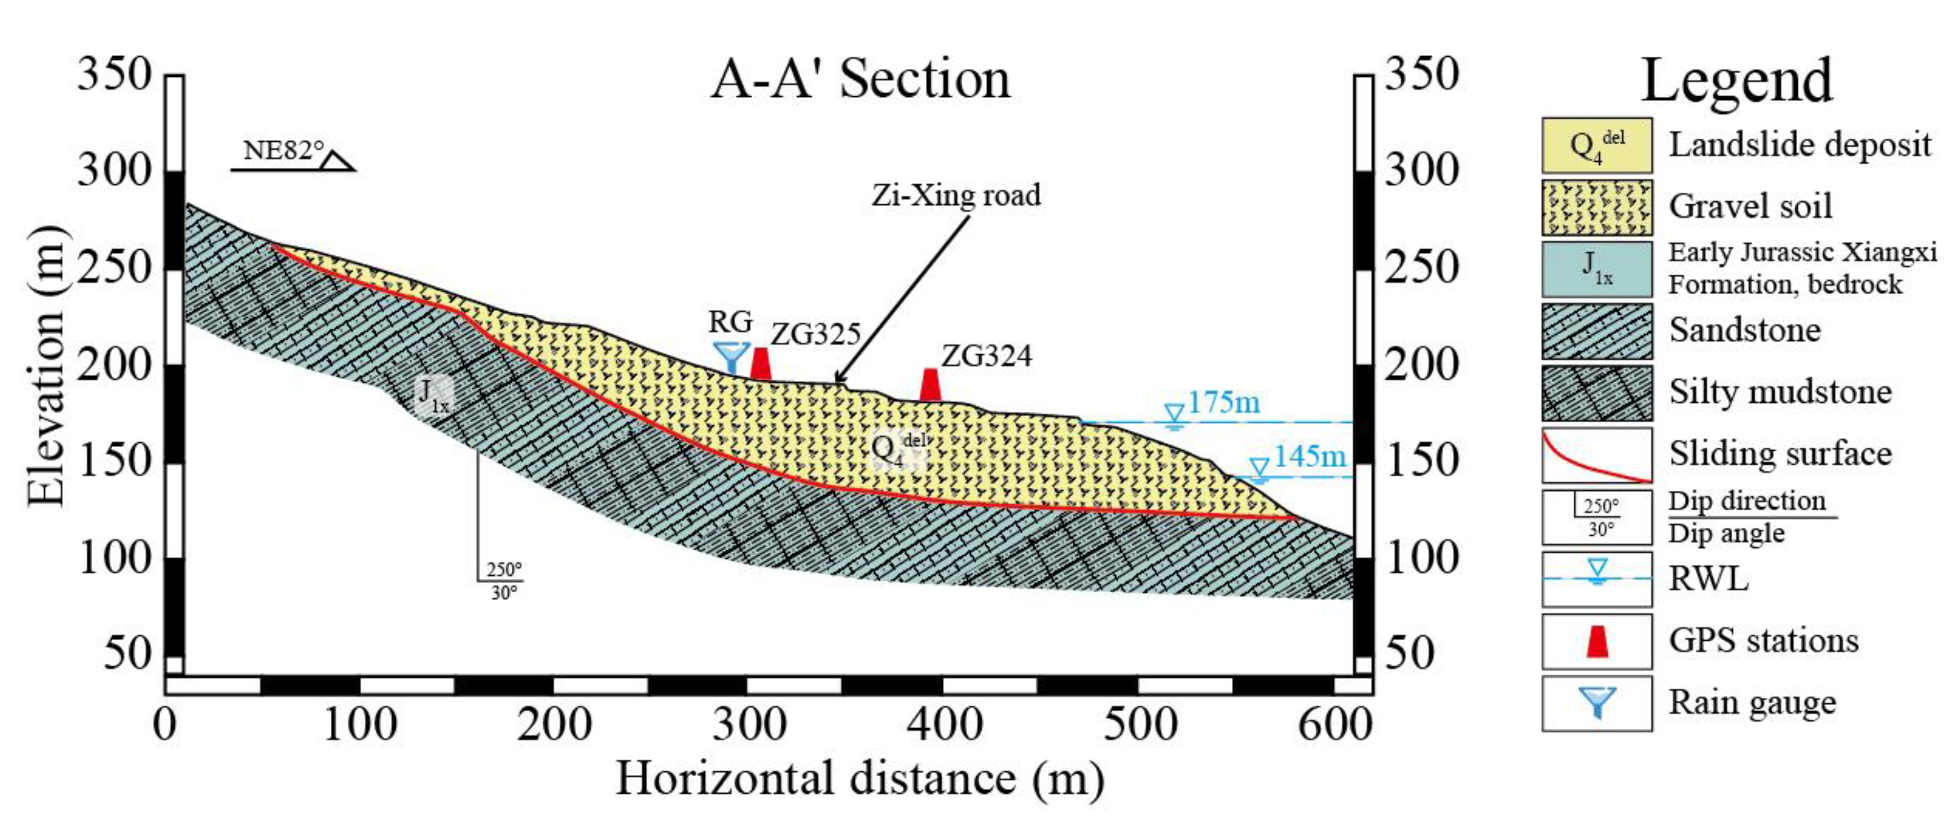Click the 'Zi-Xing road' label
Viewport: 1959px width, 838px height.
[955, 195]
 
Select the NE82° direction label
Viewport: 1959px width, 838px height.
[283, 151]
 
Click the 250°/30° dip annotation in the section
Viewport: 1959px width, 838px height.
[503, 580]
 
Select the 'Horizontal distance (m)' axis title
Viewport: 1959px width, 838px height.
[860, 780]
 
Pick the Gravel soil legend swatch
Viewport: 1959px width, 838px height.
[1596, 207]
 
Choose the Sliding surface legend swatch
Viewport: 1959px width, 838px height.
[1596, 455]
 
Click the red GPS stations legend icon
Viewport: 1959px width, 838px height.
[1597, 641]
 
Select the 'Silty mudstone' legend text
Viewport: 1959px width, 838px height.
[1779, 392]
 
